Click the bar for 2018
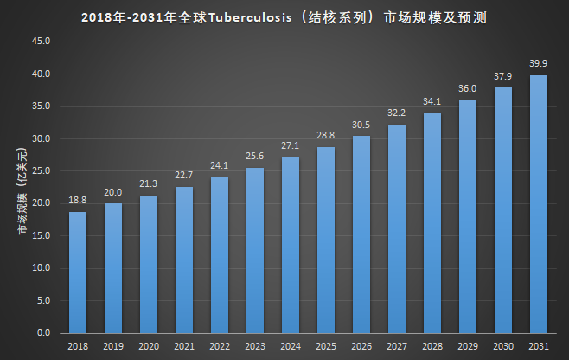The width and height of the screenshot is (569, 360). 78,273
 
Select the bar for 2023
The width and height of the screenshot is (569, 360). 255,251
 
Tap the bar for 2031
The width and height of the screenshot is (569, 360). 539,204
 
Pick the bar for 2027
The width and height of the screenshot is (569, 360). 397,229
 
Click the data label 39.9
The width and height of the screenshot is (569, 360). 539,63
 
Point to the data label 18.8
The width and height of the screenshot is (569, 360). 78,200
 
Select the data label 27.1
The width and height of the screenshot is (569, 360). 291,145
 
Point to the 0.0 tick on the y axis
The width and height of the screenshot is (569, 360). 44,333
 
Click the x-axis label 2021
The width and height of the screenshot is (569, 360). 184,345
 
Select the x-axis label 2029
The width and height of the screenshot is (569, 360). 468,345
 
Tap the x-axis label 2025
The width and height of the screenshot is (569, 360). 326,345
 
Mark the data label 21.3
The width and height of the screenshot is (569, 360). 149,183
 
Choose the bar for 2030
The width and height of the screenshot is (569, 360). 503,210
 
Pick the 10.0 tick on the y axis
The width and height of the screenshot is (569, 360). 42,268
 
